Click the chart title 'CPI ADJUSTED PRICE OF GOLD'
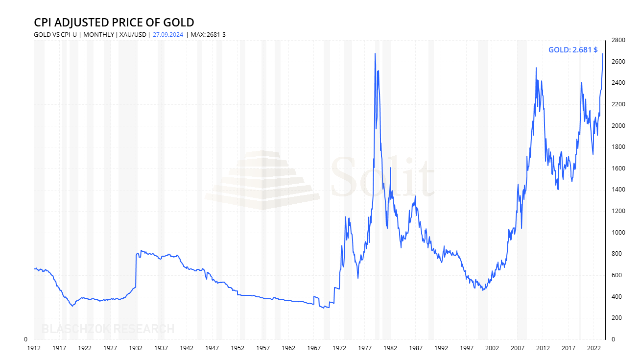[114, 23]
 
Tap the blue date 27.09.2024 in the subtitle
[168, 35]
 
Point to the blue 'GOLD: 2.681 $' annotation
[572, 49]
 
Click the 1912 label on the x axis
[33, 348]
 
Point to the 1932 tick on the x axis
[136, 348]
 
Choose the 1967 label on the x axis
[314, 348]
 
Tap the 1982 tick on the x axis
[390, 348]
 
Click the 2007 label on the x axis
[518, 348]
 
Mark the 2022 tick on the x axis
[594, 348]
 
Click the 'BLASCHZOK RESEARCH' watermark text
[108, 329]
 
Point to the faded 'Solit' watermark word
[382, 177]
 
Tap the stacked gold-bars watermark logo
[262, 180]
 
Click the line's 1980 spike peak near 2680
[375, 53]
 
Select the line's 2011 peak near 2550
[536, 68]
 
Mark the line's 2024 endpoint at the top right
[603, 53]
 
